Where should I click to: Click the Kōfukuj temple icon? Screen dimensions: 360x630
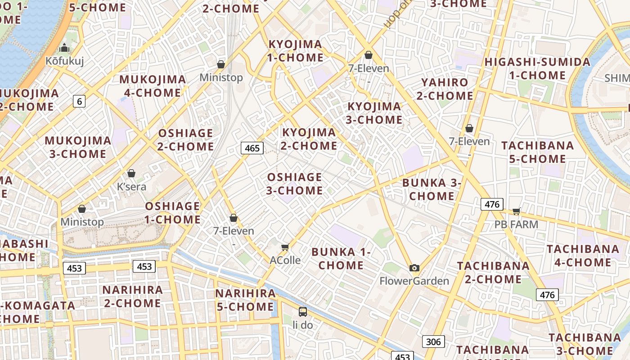pos(64,48)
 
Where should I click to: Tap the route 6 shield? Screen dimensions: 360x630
pos(79,101)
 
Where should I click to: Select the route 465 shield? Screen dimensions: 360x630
pos(252,148)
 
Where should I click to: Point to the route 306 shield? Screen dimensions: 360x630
pos(433,342)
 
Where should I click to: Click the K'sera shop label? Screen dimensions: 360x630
pos(131,186)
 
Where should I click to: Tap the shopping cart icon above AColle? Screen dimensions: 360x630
pos(285,247)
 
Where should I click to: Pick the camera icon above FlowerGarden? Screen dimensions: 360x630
pos(414,268)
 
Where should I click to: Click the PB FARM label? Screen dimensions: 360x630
pos(516,224)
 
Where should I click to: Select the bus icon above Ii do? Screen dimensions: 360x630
pos(303,311)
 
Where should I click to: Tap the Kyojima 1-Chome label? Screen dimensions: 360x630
pos(296,51)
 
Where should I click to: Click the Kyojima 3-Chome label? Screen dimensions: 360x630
pos(374,113)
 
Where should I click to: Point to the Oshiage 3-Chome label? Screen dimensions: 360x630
pos(294,184)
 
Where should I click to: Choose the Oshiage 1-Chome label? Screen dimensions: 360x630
pos(173,213)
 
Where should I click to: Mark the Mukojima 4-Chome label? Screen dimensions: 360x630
pos(153,86)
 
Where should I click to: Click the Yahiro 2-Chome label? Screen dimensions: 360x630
pos(445,89)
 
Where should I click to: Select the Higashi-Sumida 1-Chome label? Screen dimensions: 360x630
pos(537,68)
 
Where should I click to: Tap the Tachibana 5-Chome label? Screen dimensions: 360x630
pos(538,152)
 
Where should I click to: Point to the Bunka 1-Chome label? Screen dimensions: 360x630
pos(341,258)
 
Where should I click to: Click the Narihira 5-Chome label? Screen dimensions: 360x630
pos(245,300)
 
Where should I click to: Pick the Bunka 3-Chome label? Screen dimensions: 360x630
pos(432,189)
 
